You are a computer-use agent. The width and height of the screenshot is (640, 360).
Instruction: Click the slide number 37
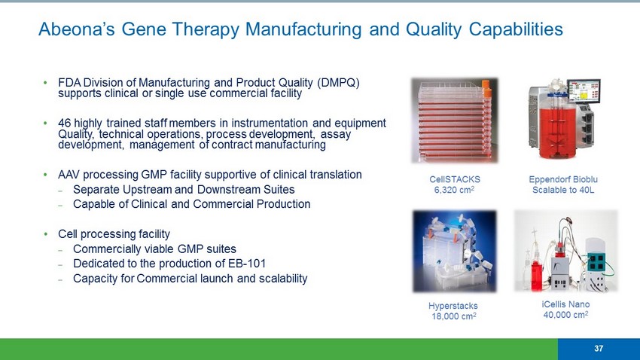599,348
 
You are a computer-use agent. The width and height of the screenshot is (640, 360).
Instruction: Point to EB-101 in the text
248,264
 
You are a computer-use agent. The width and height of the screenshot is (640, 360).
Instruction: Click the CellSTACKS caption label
455,179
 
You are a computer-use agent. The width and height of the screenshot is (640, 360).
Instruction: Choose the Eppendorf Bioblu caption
563,179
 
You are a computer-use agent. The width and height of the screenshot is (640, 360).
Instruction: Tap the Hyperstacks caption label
453,306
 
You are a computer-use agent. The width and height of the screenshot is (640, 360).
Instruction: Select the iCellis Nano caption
565,304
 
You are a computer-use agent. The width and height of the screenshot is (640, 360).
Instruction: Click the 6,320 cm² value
454,190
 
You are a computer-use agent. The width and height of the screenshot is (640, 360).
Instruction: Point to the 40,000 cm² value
565,315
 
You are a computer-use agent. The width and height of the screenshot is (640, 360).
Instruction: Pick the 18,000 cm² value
454,316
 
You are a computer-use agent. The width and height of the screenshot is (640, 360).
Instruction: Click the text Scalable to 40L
563,190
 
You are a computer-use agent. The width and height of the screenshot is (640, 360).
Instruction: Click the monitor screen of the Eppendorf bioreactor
584,90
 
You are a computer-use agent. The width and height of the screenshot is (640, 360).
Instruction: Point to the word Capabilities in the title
516,29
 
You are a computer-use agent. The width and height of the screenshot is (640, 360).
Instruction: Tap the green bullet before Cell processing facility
46,234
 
